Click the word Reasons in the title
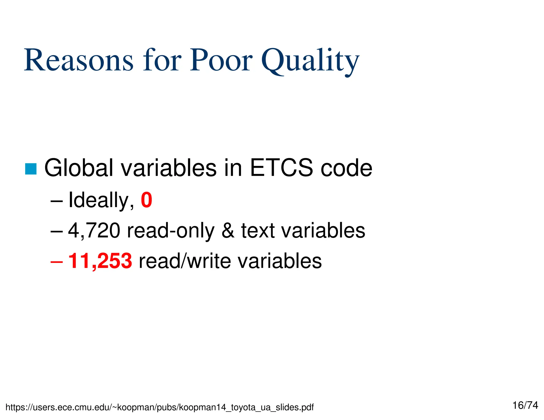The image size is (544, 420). click(x=79, y=61)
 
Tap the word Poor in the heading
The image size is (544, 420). click(x=221, y=61)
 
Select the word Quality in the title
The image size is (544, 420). click(x=310, y=62)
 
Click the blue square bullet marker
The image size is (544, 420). click(x=31, y=169)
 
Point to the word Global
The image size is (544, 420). click(x=79, y=168)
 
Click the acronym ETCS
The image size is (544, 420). click(x=282, y=168)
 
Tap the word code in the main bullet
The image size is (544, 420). click(x=346, y=168)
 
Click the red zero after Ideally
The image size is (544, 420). click(x=146, y=200)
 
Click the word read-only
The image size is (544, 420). click(x=171, y=231)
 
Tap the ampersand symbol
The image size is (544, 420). click(x=228, y=231)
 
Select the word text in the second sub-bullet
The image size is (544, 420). click(x=258, y=231)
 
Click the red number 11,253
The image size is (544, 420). click(x=100, y=261)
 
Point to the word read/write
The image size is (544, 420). click(x=185, y=261)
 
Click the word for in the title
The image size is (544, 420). click(x=162, y=61)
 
